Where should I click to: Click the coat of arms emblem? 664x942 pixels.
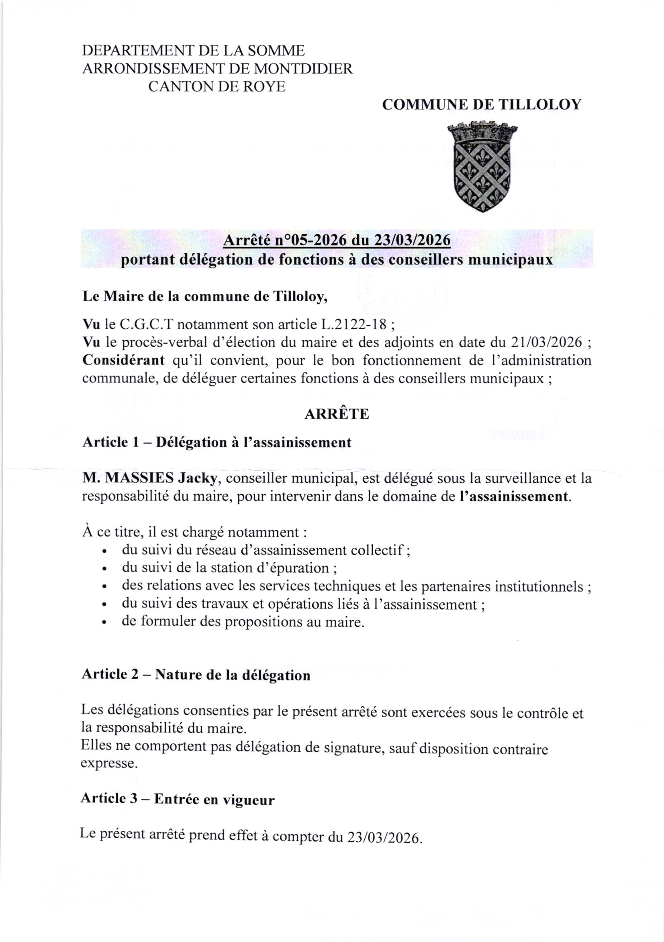482,166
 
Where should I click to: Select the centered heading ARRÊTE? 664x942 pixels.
337,414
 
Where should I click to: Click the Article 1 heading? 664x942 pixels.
217,443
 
